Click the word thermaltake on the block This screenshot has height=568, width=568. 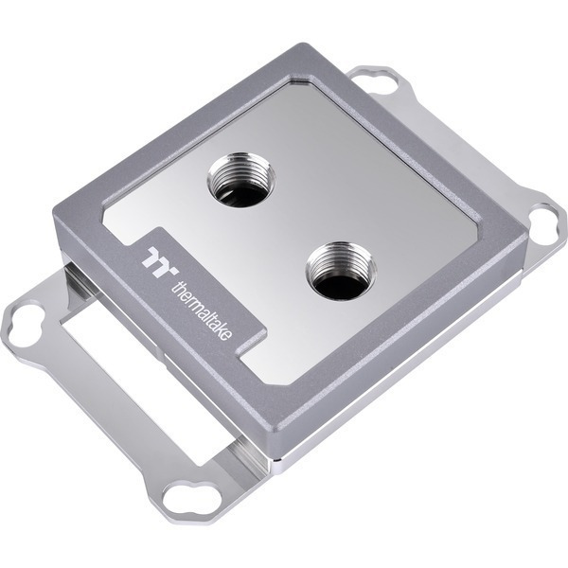202,310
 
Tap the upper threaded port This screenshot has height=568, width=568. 240,185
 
